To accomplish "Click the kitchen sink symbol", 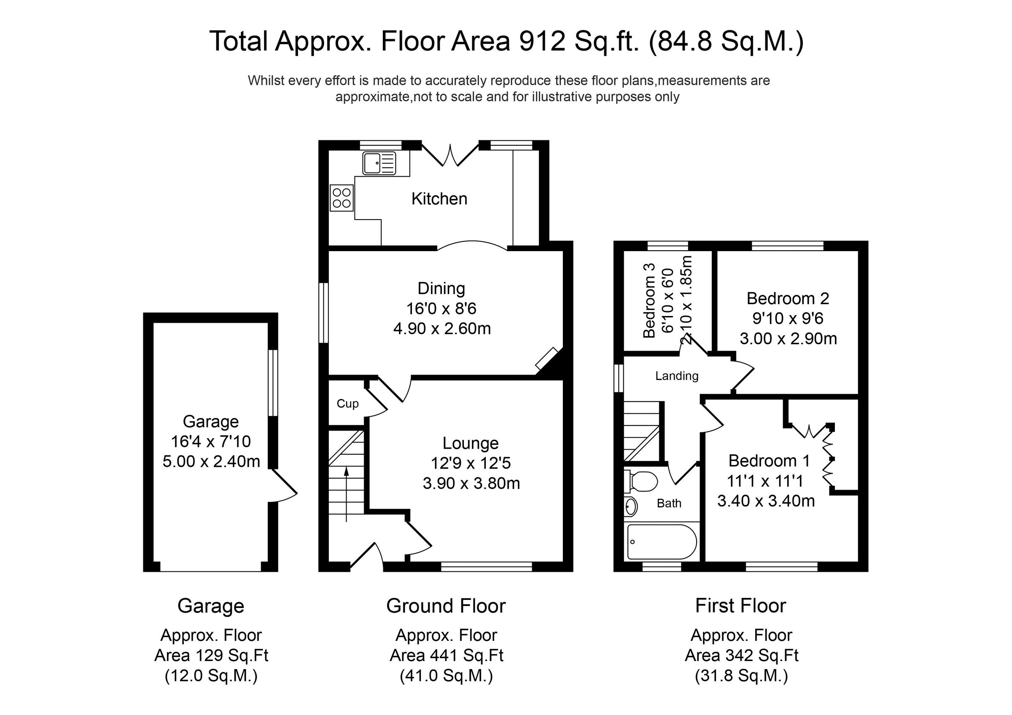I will [x=379, y=163].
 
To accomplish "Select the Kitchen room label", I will [x=439, y=199].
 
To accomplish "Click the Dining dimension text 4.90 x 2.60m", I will [x=441, y=329].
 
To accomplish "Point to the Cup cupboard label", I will [x=347, y=404].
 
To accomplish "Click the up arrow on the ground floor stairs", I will [x=347, y=493].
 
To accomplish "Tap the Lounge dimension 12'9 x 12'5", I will [x=471, y=463].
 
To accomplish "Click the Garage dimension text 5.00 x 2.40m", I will [x=211, y=461].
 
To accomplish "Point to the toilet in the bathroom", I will [x=643, y=482].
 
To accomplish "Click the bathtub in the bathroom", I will [x=661, y=542].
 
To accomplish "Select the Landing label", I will [x=677, y=376].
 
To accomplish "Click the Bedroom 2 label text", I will [x=788, y=299].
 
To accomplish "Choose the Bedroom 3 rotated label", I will [x=649, y=300].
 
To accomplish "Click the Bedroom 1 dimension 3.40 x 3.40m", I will [x=766, y=501].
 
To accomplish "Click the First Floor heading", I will [x=740, y=606].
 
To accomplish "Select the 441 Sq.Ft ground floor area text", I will [x=446, y=656].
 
